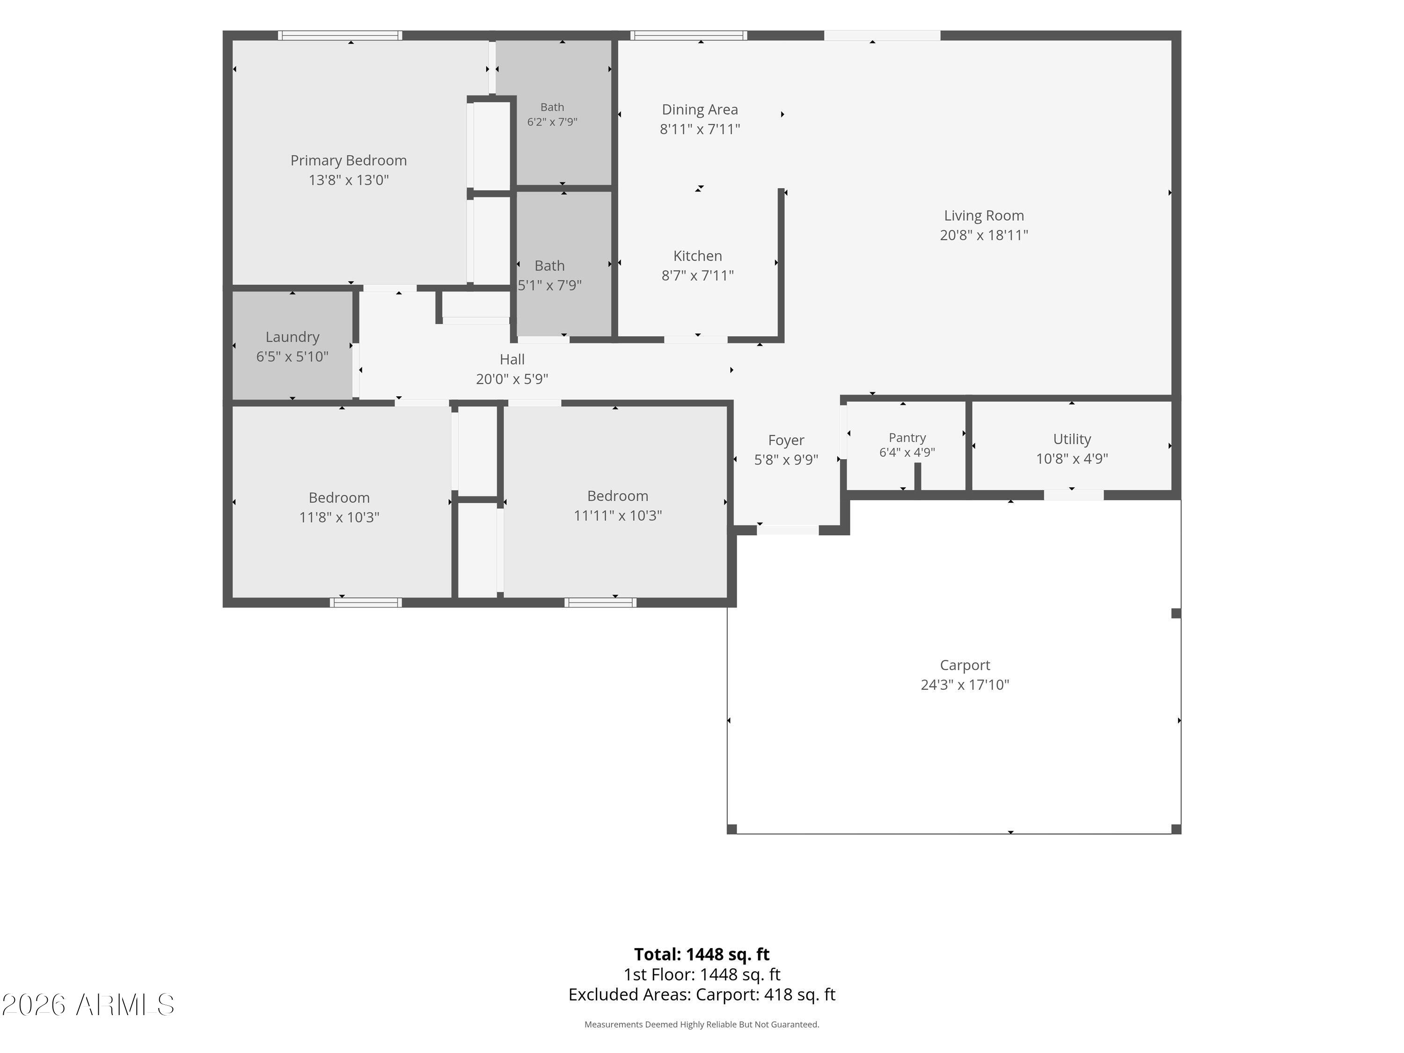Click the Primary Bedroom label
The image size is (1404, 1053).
tap(349, 161)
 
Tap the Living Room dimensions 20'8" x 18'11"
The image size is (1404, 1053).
tap(984, 235)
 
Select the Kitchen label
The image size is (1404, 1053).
tap(698, 256)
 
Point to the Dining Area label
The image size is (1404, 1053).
tap(700, 110)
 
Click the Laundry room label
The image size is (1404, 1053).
tap(292, 337)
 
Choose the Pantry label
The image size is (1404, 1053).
tap(907, 437)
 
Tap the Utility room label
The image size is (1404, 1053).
tap(1072, 439)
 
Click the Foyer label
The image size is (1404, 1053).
tap(786, 440)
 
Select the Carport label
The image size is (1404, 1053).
tap(965, 665)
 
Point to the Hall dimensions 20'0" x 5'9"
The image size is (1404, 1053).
tap(512, 379)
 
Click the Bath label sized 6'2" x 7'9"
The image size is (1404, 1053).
tap(552, 107)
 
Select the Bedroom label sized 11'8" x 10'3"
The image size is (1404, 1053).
tap(339, 497)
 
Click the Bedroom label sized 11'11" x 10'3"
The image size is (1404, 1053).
tap(618, 496)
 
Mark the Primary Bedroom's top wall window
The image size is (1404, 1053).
tap(340, 36)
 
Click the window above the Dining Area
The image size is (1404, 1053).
tap(689, 36)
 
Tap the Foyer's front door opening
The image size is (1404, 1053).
tap(788, 530)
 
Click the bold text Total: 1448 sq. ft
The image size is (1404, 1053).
tap(702, 954)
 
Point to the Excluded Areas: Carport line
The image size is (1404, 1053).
tap(702, 995)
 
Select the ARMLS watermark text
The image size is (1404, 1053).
tap(88, 1005)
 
